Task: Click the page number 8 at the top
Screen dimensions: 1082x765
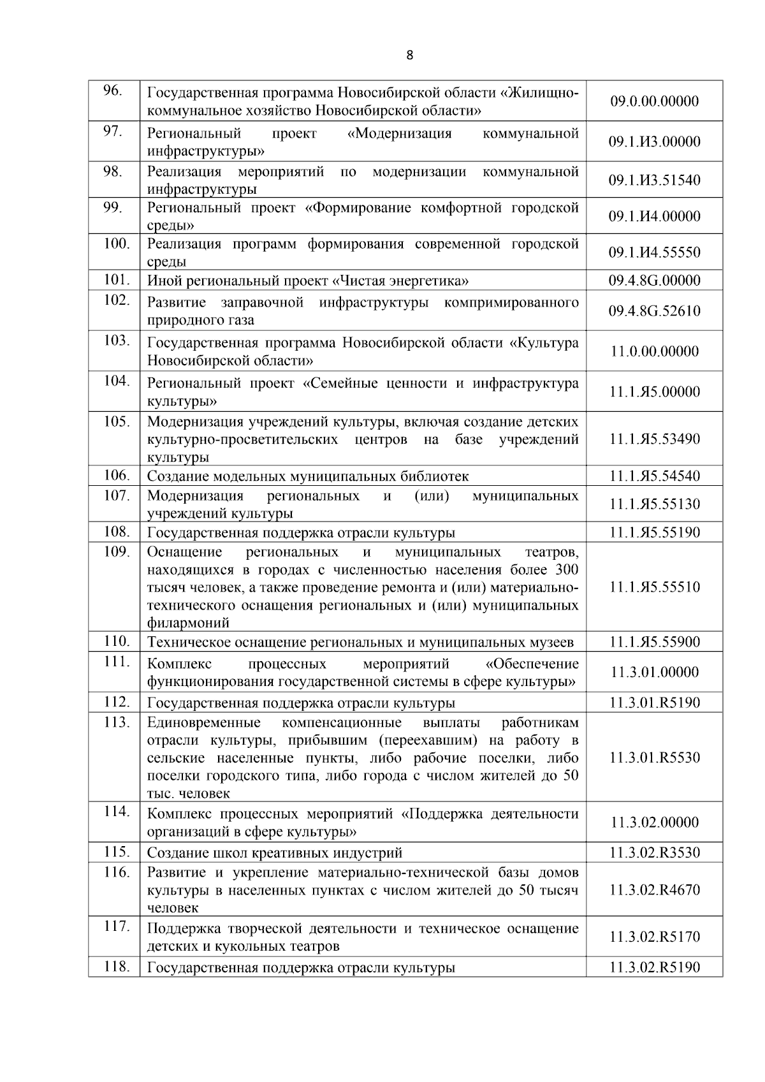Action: [x=409, y=55]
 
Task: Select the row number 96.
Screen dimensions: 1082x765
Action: [x=113, y=91]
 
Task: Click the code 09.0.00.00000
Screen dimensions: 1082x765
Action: [x=654, y=101]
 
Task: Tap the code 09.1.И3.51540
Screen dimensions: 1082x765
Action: [x=654, y=180]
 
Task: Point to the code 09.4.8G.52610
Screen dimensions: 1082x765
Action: [x=654, y=311]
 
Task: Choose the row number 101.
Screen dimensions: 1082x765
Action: [x=117, y=279]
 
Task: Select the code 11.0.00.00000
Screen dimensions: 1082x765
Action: [x=654, y=351]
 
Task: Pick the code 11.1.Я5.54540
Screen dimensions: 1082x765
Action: [x=654, y=476]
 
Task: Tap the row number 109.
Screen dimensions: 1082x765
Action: [x=117, y=552]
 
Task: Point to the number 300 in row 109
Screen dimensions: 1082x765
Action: [x=566, y=569]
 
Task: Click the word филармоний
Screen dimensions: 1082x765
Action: [x=188, y=623]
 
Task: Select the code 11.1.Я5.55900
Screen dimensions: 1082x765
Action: [x=654, y=642]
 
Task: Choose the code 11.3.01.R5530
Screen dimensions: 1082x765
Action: [x=654, y=757]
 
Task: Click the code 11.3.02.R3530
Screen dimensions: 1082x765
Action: [x=654, y=852]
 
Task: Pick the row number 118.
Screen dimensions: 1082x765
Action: [x=117, y=967]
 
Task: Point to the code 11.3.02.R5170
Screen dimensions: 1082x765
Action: [x=654, y=937]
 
